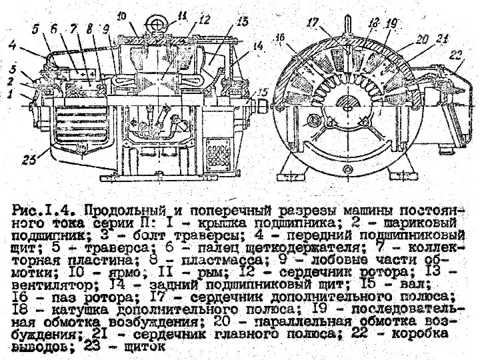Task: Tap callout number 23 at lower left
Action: click(29, 158)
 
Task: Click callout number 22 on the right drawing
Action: click(458, 54)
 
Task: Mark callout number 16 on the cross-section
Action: click(281, 38)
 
